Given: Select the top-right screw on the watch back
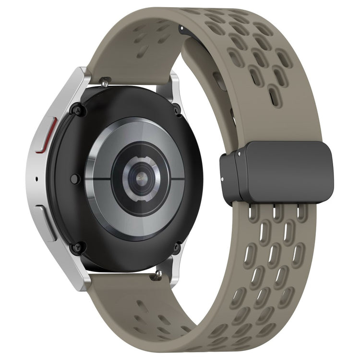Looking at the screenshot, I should tap(177, 110).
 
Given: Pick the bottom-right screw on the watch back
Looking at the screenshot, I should tap(177, 248).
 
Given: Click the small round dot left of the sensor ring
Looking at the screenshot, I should tap(74, 179).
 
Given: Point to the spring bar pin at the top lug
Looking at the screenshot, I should tap(104, 83).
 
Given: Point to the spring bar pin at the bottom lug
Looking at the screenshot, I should tap(157, 276).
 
